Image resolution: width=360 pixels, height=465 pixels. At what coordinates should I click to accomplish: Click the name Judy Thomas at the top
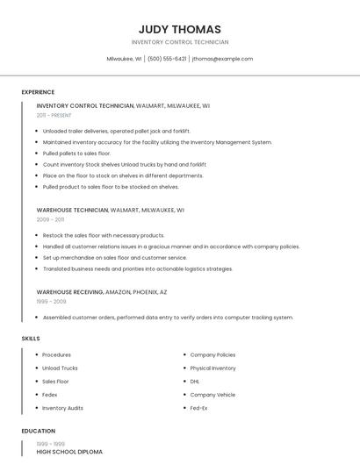(x=179, y=29)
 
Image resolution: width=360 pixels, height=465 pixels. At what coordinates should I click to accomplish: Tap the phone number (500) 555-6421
(x=167, y=59)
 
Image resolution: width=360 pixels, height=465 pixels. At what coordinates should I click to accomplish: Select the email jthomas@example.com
(x=222, y=59)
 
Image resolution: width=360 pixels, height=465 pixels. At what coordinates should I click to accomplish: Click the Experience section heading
(x=38, y=92)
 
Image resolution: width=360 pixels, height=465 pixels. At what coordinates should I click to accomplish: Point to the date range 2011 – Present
(x=54, y=115)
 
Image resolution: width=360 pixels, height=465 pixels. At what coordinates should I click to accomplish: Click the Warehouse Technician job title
(x=72, y=211)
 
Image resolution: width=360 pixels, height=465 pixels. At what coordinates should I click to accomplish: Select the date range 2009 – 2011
(x=50, y=219)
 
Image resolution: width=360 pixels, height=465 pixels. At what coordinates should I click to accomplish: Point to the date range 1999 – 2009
(x=51, y=301)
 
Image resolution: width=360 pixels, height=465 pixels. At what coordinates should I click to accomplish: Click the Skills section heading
(x=31, y=338)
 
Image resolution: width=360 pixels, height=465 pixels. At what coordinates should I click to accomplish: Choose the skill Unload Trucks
(x=60, y=368)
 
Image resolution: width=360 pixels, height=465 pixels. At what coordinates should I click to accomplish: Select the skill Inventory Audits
(x=62, y=408)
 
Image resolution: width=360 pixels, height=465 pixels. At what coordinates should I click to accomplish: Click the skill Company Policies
(x=212, y=355)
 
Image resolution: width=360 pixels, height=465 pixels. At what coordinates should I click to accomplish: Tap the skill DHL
(x=195, y=382)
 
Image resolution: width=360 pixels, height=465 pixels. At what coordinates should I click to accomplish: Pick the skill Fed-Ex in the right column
(x=198, y=408)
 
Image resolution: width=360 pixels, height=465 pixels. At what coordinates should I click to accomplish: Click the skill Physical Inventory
(x=212, y=368)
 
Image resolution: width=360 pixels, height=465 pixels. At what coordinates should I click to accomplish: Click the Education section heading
(x=38, y=431)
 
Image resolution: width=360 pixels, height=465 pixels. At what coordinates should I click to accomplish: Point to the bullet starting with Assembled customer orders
(x=168, y=318)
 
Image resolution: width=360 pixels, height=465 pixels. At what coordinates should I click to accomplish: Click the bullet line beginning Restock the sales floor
(x=104, y=235)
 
